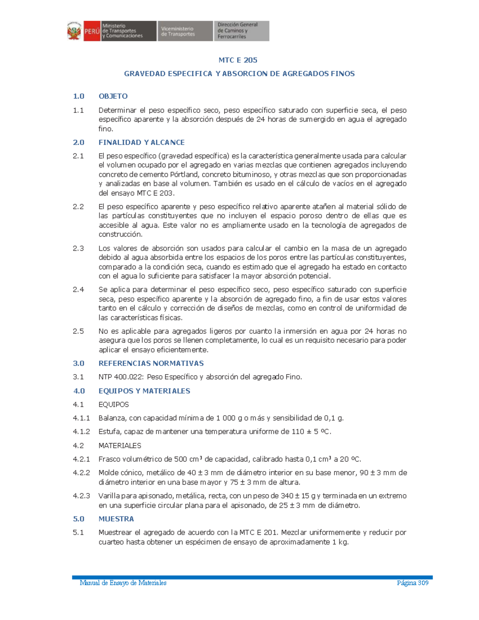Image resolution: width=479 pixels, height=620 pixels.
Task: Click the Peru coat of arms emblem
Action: tap(74, 31)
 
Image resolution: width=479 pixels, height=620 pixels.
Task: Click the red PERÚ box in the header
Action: tap(92, 31)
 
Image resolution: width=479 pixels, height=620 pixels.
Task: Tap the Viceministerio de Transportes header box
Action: tap(185, 31)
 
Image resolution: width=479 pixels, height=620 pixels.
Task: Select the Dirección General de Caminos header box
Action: tap(241, 31)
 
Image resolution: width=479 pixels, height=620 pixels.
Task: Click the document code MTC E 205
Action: tap(238, 60)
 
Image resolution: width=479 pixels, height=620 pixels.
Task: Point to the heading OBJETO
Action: tap(113, 96)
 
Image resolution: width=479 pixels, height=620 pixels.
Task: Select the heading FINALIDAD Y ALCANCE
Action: tap(141, 143)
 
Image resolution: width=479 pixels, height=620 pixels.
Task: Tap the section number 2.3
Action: tap(78, 248)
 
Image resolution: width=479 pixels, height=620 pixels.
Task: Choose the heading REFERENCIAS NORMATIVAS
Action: tap(151, 363)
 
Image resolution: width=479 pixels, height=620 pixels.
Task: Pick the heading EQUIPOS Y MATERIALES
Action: tap(144, 391)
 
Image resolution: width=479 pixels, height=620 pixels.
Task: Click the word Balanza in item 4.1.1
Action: tap(112, 418)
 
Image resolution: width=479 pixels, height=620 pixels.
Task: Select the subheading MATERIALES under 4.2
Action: tap(120, 446)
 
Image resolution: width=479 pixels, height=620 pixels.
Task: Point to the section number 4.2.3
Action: tap(81, 496)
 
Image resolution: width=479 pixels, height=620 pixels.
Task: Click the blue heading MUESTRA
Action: tap(116, 519)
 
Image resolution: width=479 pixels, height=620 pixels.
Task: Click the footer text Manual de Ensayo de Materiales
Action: tap(123, 583)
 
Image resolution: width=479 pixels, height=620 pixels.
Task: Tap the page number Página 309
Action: tap(412, 583)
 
